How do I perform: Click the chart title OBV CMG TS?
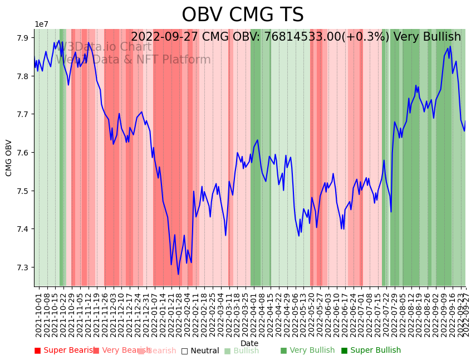pos(242,15)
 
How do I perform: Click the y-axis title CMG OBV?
pos(9,158)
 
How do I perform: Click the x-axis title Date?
pos(249,343)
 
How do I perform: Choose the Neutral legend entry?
pos(200,351)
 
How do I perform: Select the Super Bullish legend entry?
pos(371,351)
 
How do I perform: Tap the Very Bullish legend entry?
pos(307,351)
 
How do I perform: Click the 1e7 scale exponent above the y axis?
pos(41,25)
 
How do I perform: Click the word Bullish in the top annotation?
pos(443,37)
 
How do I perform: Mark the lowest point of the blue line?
pos(178,274)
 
